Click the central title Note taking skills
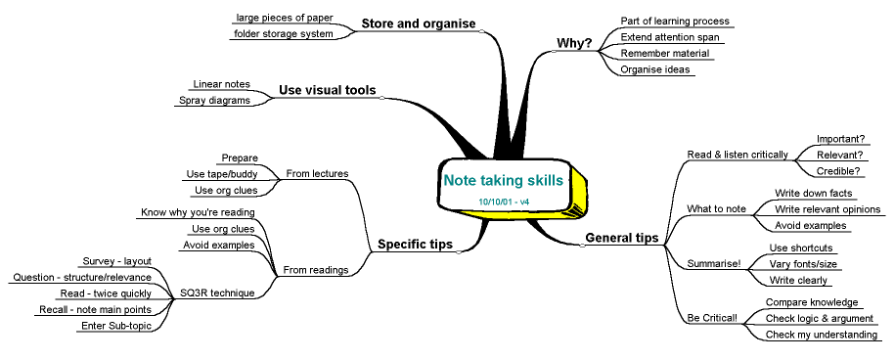point(503,181)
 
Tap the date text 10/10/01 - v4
point(504,202)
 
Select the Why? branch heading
point(574,43)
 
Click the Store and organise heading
point(418,23)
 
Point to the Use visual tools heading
point(328,91)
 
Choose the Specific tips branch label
point(415,245)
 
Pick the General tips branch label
point(621,238)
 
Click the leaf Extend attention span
point(662,37)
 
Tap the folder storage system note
point(282,34)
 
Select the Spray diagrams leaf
point(214,100)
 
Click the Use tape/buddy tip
point(220,174)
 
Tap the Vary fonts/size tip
point(804,265)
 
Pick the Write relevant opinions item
point(827,209)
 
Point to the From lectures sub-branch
point(317,174)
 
